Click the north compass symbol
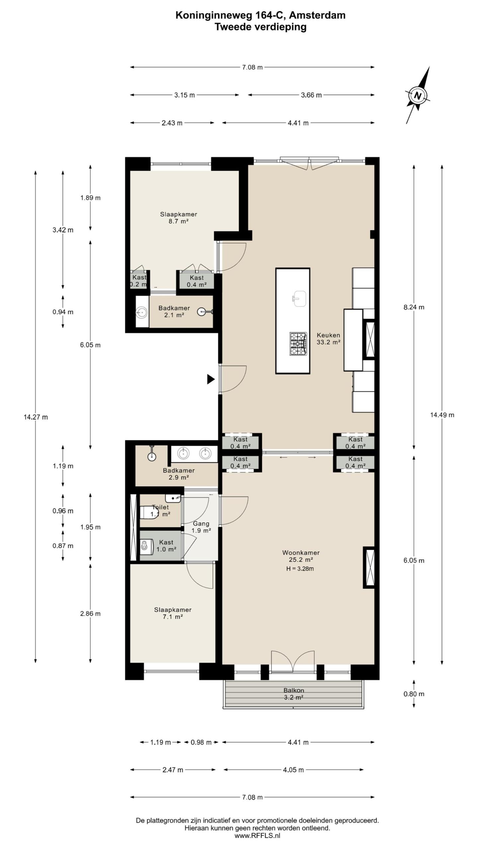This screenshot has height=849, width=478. pyautogui.click(x=418, y=96)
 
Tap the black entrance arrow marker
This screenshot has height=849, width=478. pyautogui.click(x=211, y=379)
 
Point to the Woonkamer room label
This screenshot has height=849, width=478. pyautogui.click(x=301, y=553)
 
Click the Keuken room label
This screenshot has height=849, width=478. pyautogui.click(x=328, y=335)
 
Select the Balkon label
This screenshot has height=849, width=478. pyautogui.click(x=294, y=690)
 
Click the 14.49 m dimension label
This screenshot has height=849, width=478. pyautogui.click(x=442, y=415)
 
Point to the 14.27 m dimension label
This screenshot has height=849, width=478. pyautogui.click(x=36, y=417)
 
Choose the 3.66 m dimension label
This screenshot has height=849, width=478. pyautogui.click(x=311, y=95)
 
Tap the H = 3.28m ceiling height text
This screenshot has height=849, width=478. pyautogui.click(x=300, y=569)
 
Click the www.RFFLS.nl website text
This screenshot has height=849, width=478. pyautogui.click(x=257, y=833)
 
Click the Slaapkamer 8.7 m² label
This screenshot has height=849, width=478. pyautogui.click(x=179, y=218)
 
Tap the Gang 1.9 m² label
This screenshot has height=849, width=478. pyautogui.click(x=201, y=527)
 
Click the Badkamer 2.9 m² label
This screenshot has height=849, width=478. pyautogui.click(x=179, y=474)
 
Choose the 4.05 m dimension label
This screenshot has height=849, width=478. pyautogui.click(x=293, y=770)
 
